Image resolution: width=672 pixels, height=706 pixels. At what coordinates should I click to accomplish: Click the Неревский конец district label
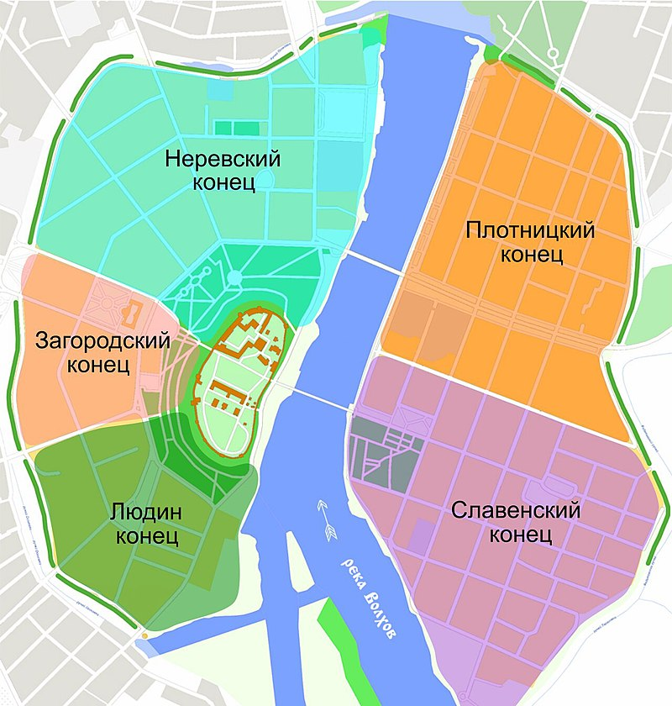222,171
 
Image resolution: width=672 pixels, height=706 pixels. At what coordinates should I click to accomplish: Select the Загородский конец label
102,352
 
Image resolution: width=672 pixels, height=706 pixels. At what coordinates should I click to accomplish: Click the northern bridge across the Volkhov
375,261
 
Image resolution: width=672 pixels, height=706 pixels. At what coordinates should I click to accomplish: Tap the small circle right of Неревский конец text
267,179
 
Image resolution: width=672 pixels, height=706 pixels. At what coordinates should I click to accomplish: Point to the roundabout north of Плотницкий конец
553,53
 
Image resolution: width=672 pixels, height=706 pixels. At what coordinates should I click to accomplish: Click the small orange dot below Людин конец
145,636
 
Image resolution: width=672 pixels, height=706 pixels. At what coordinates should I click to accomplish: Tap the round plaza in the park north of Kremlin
234,277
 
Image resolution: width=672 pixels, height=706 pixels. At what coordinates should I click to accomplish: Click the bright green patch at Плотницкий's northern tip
490,56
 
